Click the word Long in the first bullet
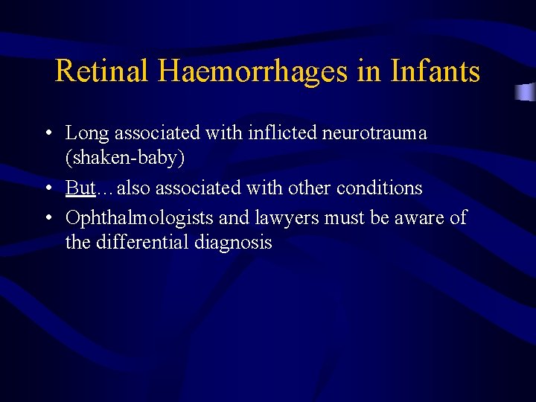pyautogui.click(x=87, y=134)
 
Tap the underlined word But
pyautogui.click(x=80, y=188)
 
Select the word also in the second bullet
pyautogui.click(x=134, y=188)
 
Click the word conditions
pyautogui.click(x=379, y=188)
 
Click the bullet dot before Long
pyautogui.click(x=48, y=134)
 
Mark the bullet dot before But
pyautogui.click(x=48, y=188)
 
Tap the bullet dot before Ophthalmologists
pyautogui.click(x=48, y=217)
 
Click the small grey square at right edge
pyautogui.click(x=526, y=92)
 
